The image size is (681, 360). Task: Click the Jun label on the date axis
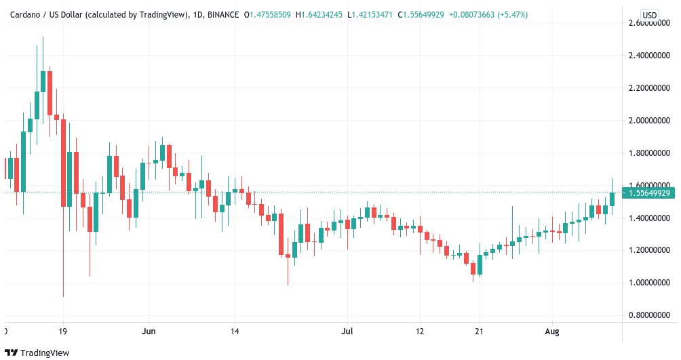click(x=149, y=332)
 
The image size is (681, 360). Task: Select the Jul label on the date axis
click(x=348, y=332)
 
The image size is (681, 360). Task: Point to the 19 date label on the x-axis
click(x=63, y=332)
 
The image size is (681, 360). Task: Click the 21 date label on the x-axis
click(x=479, y=332)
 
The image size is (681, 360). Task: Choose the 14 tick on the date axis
click(x=234, y=332)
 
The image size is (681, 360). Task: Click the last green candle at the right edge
click(x=612, y=199)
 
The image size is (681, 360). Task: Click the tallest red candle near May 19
click(x=63, y=163)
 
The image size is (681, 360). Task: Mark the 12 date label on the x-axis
click(x=420, y=332)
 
